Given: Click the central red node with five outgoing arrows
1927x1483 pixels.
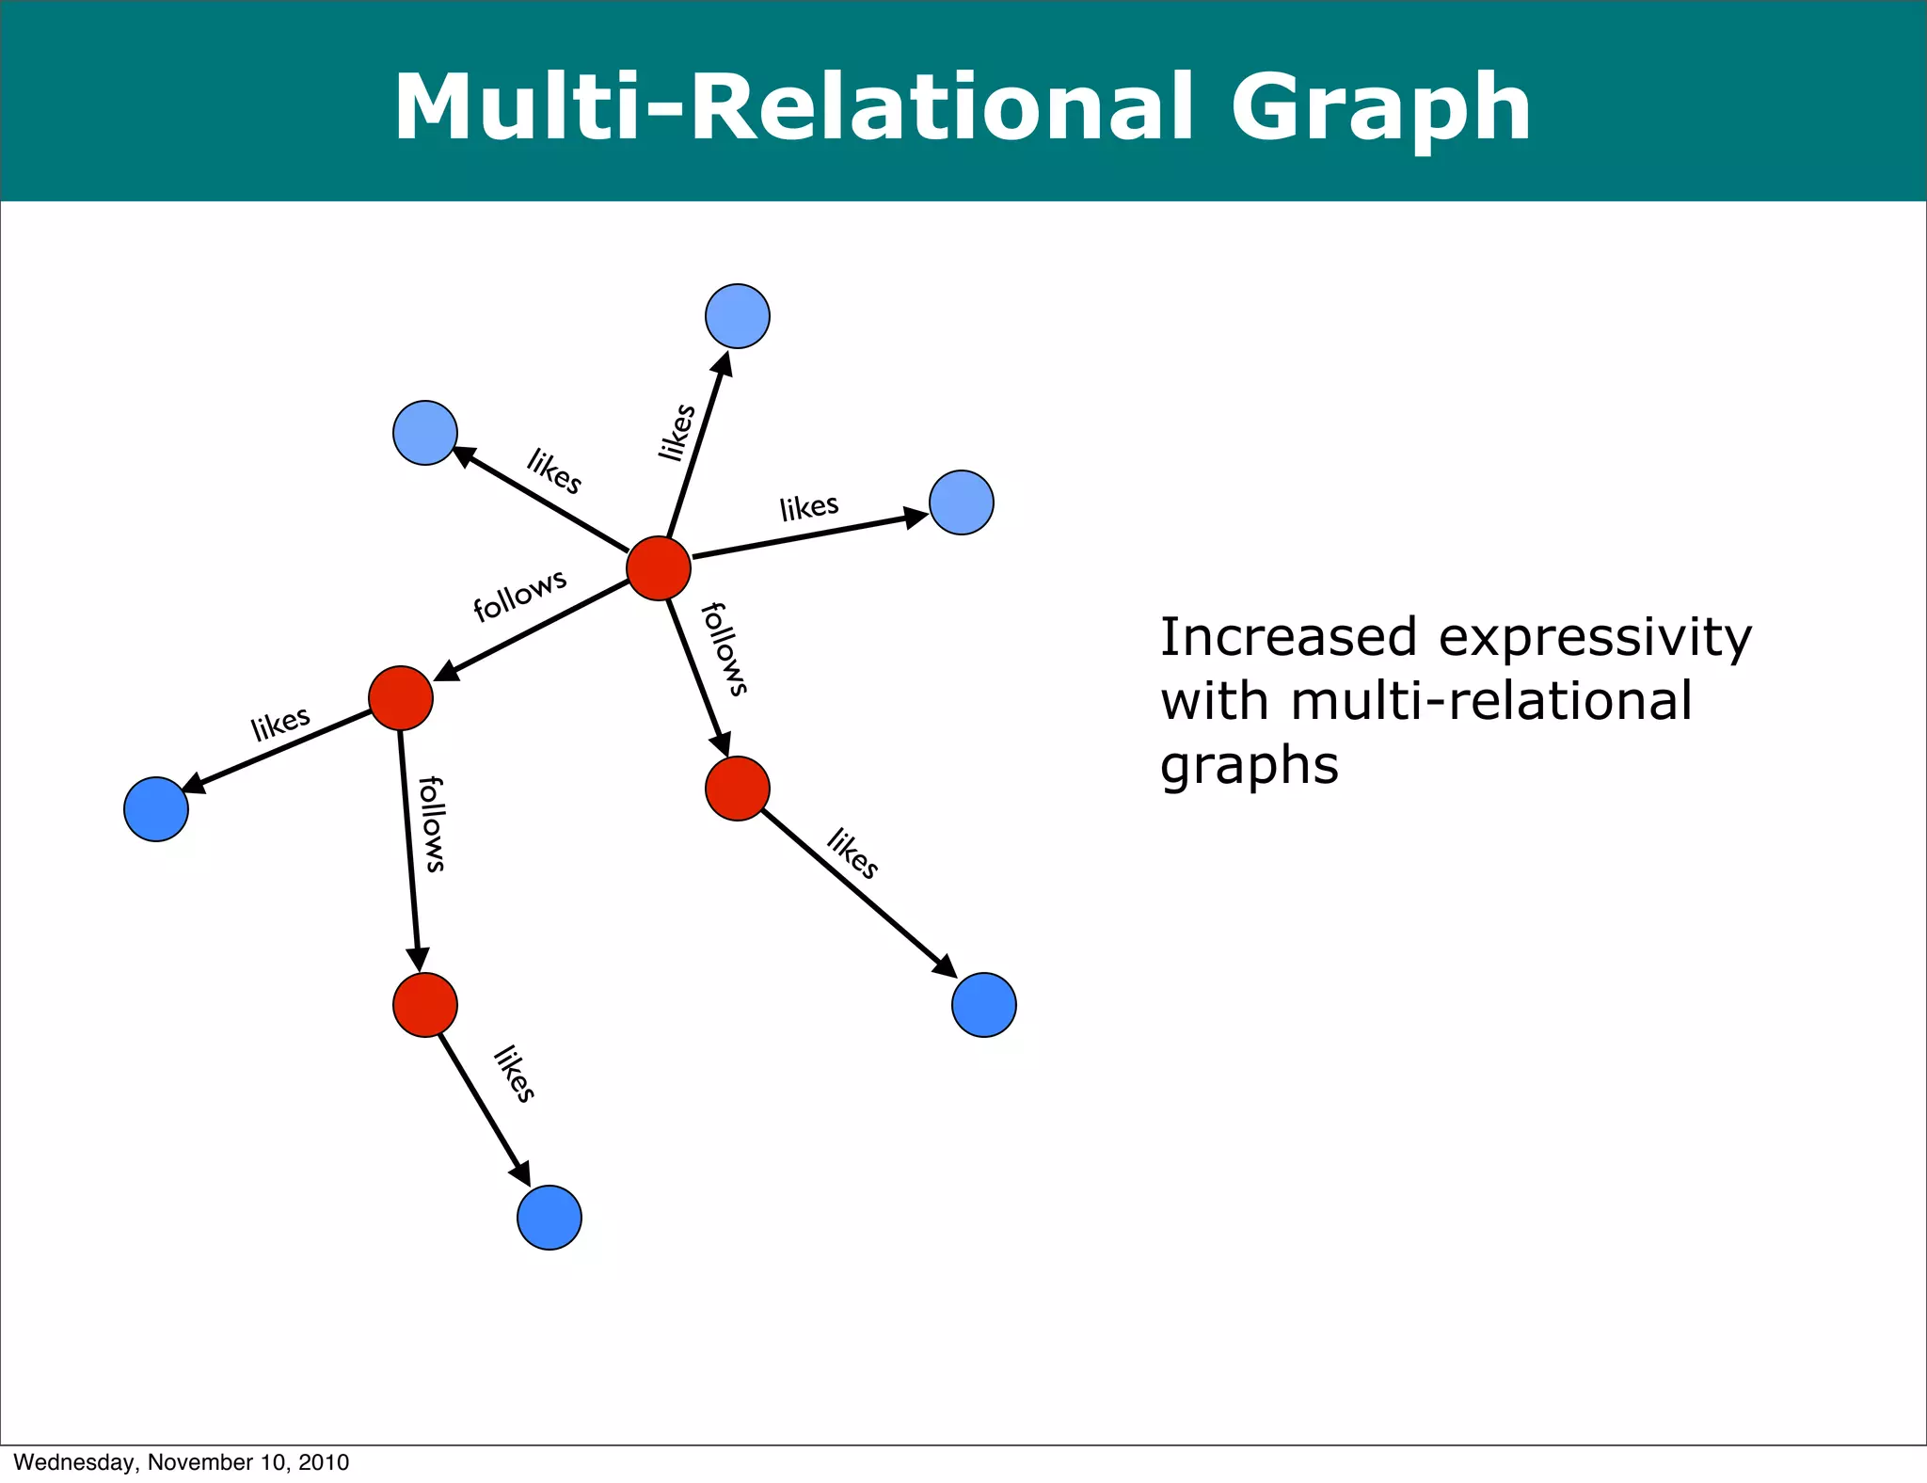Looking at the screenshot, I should (659, 568).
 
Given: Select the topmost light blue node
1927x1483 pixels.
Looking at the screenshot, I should (738, 316).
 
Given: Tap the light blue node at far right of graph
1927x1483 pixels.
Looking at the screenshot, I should (962, 502).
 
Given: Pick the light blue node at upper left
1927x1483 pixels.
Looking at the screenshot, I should (425, 433).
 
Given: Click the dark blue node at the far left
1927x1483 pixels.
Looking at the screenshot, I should (156, 809).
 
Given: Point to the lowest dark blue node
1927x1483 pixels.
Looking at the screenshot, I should (549, 1218).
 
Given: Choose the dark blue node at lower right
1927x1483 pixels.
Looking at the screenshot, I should (984, 1005).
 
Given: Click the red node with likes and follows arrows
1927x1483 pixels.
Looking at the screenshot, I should (401, 698).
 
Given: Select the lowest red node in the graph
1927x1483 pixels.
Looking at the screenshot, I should (425, 1005).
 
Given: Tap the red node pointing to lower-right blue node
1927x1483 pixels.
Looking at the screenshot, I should (738, 789).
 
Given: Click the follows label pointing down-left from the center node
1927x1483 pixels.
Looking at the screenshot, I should (519, 595).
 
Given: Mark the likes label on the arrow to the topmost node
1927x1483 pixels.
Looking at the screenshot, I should (677, 432).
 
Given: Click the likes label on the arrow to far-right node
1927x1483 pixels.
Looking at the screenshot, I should (809, 507).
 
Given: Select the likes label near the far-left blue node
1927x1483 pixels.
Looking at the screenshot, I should (280, 724).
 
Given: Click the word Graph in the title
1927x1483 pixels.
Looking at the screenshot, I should (1381, 108).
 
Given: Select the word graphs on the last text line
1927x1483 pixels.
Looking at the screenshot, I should (1249, 766).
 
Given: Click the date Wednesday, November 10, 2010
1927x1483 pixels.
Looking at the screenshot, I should (181, 1461).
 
